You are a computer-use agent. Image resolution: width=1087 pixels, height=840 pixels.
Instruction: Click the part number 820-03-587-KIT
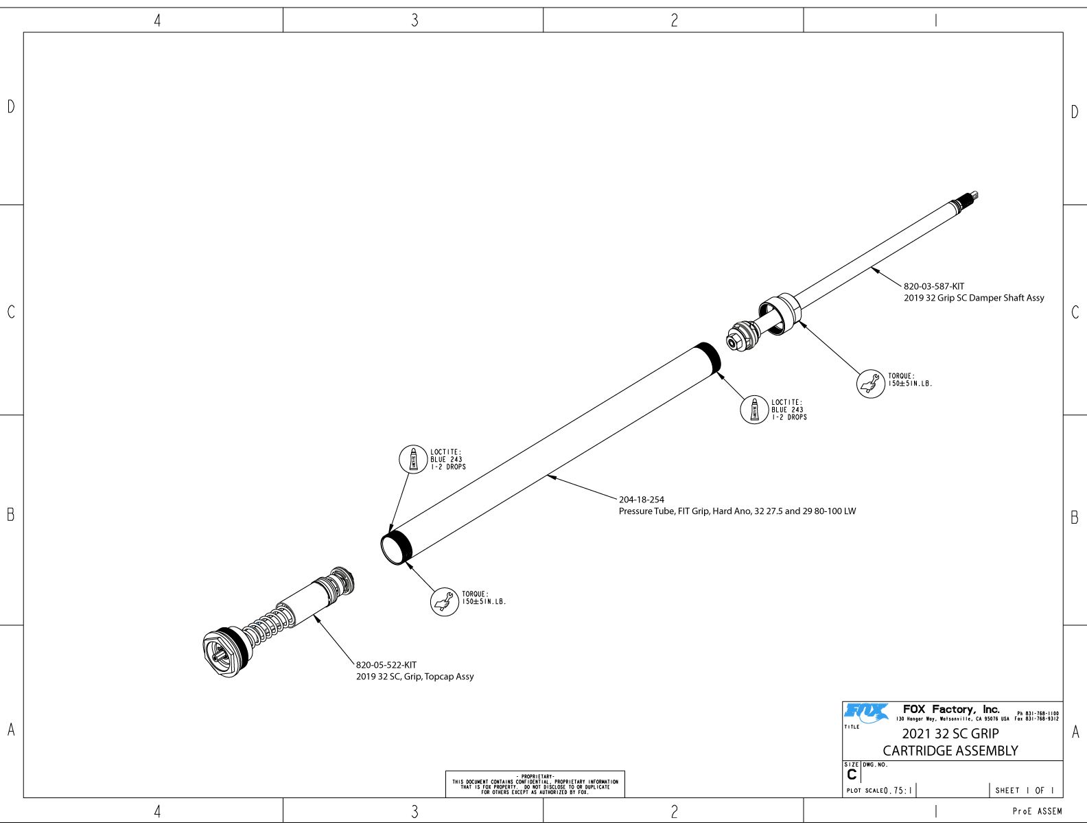point(933,286)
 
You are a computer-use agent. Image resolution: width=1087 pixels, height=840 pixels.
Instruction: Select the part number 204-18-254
point(641,500)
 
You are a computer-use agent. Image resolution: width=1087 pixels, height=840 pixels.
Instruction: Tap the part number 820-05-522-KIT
point(386,665)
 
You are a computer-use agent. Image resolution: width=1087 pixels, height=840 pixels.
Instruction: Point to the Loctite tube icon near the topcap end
point(413,459)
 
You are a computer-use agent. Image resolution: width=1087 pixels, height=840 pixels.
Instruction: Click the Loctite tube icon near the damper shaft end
point(754,410)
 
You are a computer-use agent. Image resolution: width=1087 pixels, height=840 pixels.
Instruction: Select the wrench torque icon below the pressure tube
point(444,602)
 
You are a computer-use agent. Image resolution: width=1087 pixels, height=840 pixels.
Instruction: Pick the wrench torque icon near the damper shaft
point(871,384)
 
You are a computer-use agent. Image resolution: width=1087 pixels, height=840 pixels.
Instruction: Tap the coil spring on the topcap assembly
point(271,625)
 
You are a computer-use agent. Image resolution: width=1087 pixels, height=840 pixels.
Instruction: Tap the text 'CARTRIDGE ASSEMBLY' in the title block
point(950,751)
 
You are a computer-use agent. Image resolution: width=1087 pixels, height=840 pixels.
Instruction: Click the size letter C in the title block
point(852,775)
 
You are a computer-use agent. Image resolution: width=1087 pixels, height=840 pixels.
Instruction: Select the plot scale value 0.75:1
point(898,791)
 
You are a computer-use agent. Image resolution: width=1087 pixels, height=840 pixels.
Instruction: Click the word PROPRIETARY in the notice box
point(535,777)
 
